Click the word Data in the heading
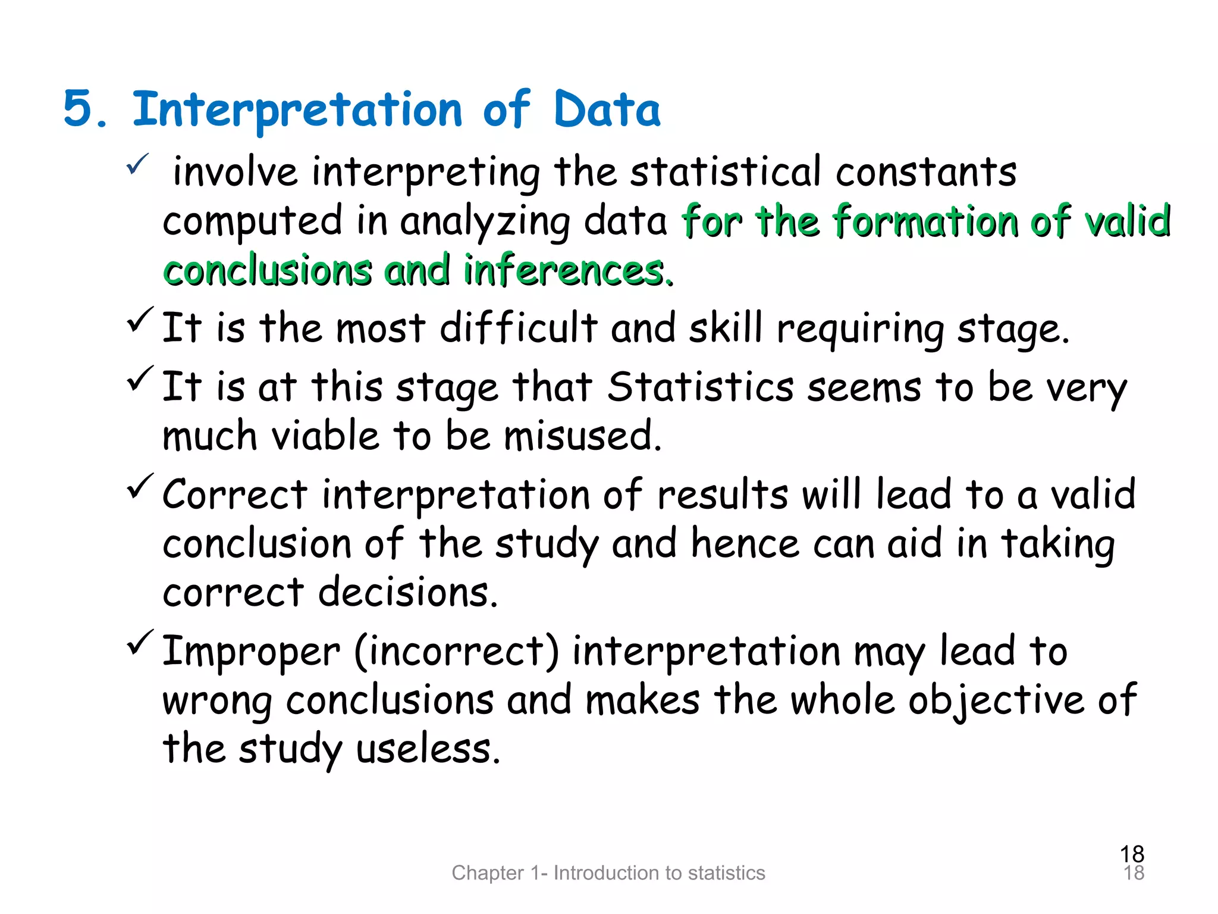click(x=607, y=109)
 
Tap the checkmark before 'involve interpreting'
click(x=137, y=164)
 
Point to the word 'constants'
click(x=926, y=172)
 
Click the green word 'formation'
click(x=925, y=221)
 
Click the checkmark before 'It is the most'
click(x=140, y=320)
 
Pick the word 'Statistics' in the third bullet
click(x=701, y=387)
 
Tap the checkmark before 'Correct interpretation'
click(x=140, y=486)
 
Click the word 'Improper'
click(x=251, y=652)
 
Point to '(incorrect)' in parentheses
click(x=457, y=651)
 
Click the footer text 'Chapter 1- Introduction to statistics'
click(x=608, y=873)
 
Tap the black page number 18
click(x=1132, y=854)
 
